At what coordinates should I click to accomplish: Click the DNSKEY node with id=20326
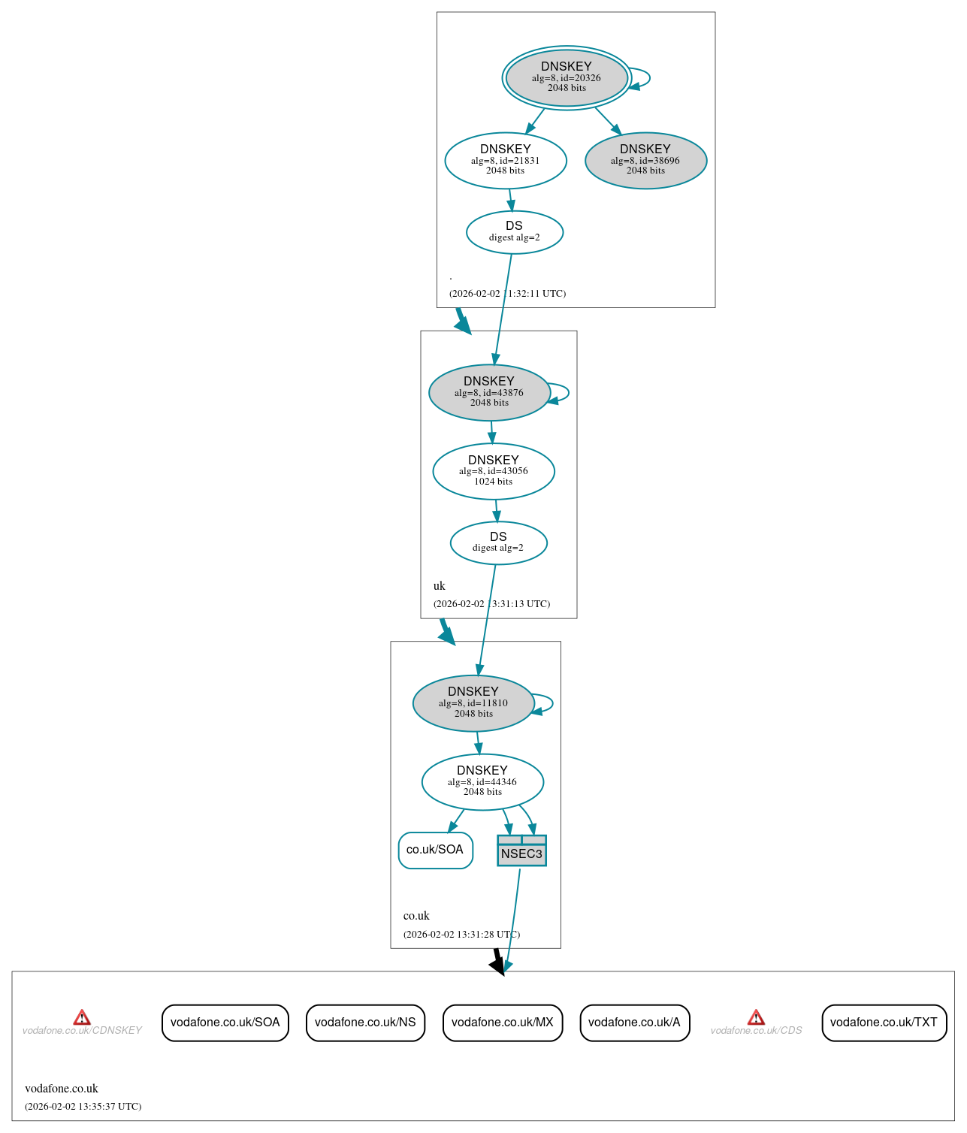tap(567, 77)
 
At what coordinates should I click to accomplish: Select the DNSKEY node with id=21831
tap(506, 160)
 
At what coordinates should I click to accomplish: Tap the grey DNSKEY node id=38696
tap(645, 160)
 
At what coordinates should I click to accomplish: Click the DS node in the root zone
tap(515, 231)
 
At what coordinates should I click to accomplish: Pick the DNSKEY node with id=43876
tap(489, 392)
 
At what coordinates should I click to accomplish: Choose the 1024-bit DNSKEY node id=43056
tap(494, 471)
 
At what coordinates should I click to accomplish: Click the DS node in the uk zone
tap(498, 542)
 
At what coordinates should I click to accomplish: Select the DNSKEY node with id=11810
tap(473, 702)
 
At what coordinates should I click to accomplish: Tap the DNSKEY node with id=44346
tap(482, 781)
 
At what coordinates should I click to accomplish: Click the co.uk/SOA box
tap(435, 850)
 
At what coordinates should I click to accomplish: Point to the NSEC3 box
tap(521, 851)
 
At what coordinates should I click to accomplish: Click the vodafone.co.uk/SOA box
tap(225, 1023)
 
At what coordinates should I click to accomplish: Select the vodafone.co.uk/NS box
tap(365, 1023)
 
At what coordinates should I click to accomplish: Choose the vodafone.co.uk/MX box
tap(502, 1023)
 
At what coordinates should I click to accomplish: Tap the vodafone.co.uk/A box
tap(634, 1023)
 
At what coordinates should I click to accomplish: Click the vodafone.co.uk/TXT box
tap(884, 1023)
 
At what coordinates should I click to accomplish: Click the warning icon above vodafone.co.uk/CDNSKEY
tap(82, 1017)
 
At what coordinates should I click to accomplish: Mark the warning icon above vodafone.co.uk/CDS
tap(756, 1017)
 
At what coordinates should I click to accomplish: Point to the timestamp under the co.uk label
tap(461, 935)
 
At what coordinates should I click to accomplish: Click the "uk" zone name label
tap(440, 586)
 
